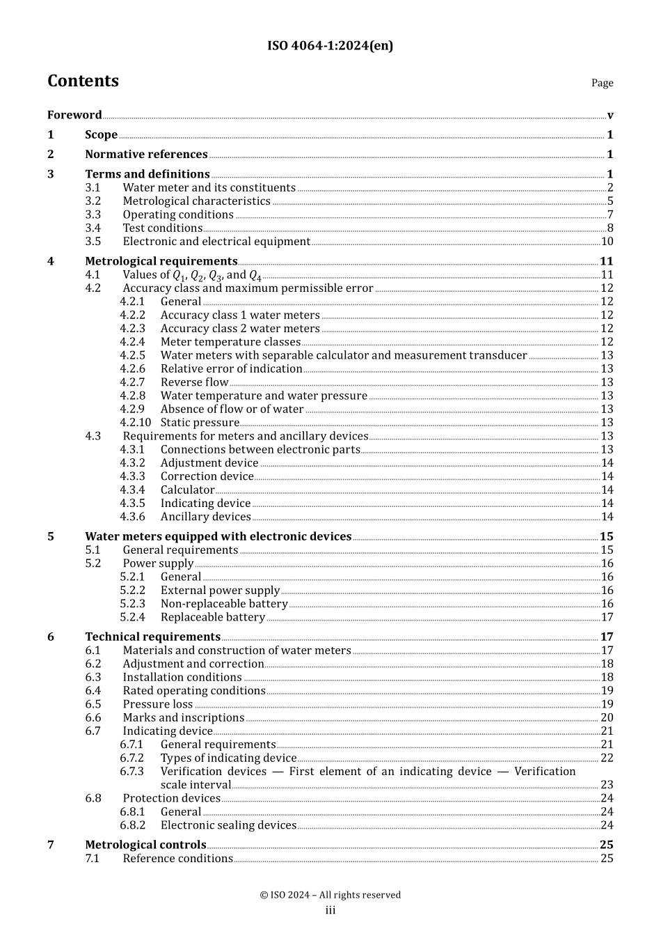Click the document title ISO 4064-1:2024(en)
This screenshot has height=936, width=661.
point(330,46)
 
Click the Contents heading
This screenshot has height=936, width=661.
point(83,81)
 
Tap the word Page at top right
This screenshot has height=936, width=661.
point(602,83)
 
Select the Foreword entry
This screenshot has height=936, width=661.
point(74,115)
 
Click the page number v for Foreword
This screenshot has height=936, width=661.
point(610,116)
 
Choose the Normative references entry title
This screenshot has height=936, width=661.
point(146,155)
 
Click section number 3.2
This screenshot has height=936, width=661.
point(93,201)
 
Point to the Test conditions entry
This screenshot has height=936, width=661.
point(162,228)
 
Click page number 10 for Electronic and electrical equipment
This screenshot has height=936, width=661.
point(607,242)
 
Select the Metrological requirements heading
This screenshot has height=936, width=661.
point(161,261)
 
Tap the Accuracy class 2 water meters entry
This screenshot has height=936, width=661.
point(240,329)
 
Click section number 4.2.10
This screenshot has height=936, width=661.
point(135,423)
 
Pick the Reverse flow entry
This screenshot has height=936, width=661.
point(194,382)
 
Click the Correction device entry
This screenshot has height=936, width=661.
point(207,476)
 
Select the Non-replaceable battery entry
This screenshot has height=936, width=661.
point(224,604)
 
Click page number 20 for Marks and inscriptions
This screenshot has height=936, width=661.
point(607,718)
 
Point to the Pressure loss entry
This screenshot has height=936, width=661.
point(157,704)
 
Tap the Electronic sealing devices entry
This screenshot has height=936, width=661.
point(228,825)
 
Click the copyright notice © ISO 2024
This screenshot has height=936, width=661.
point(330,895)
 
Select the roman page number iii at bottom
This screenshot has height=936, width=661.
point(330,910)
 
